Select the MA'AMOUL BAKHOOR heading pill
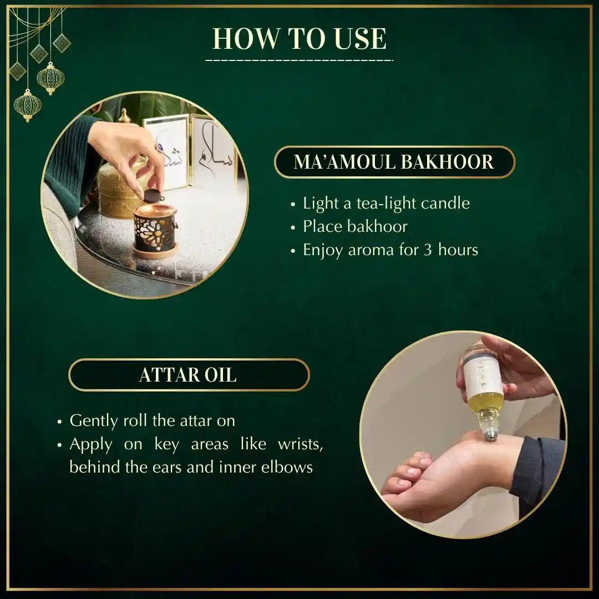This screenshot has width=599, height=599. pos(394,162)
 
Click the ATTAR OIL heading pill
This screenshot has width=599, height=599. pos(189,375)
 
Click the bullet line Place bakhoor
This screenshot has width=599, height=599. pos(355,226)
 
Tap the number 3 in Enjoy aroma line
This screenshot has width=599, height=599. pos(428,250)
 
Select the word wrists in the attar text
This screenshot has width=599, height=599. pos(300,444)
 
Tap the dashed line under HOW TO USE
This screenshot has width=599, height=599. pos(299,60)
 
